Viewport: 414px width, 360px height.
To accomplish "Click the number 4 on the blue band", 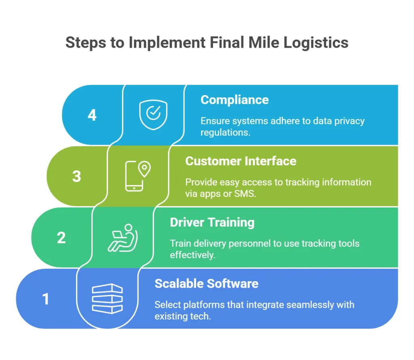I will tap(92, 115).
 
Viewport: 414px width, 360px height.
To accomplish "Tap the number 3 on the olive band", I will tap(76, 177).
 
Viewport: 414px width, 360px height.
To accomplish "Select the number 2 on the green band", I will tap(61, 238).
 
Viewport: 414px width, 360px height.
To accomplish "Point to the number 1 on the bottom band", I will tap(46, 299).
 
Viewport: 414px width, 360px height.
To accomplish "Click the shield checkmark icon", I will tap(153, 115).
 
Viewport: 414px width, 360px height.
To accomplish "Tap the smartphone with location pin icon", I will tap(137, 176).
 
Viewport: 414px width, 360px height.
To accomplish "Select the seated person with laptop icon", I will tap(123, 238).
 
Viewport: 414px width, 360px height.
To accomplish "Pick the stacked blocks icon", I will tap(107, 299).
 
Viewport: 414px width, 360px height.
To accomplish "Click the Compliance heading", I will tap(234, 100).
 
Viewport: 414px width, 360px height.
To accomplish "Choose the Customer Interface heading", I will tap(241, 161).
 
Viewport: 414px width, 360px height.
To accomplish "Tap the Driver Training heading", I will tap(212, 222).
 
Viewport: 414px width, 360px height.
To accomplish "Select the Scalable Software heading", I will tap(206, 283).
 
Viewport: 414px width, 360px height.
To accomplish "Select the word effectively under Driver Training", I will tap(192, 255).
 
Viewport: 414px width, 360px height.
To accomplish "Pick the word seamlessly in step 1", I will tap(300, 304).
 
